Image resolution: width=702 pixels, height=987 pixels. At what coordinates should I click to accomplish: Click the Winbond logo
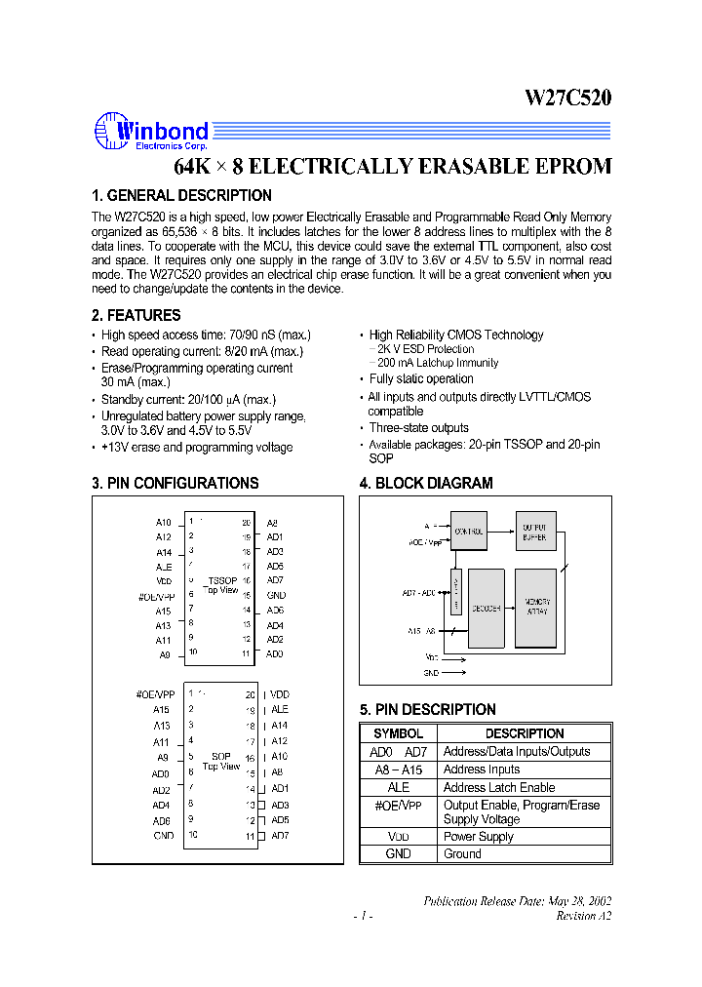point(151,132)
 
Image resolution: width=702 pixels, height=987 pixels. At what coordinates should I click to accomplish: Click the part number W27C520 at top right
point(568,98)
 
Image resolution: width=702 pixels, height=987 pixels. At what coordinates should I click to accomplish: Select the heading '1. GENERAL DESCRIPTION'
point(181,195)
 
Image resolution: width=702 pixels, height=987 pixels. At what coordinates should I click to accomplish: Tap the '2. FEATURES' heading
point(136,315)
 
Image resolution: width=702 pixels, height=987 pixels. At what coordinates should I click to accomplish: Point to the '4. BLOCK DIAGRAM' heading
point(426,483)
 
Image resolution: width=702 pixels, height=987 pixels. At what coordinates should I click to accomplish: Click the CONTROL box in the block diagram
point(468,532)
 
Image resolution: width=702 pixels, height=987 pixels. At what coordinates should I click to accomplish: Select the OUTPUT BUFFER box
point(534,533)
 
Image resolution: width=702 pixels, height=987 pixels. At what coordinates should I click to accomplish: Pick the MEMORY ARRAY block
point(535,607)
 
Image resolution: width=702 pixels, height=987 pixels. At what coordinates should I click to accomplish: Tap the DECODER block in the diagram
point(486,608)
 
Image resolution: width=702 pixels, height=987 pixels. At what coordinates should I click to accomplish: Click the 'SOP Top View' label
point(221,762)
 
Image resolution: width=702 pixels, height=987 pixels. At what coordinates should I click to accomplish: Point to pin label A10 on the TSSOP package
point(163,523)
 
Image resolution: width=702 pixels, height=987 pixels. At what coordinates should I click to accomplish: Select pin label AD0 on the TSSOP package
point(275,653)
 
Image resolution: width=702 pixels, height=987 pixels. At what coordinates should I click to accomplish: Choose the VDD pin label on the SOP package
point(280,694)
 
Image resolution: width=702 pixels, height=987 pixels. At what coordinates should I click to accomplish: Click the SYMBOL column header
point(398,733)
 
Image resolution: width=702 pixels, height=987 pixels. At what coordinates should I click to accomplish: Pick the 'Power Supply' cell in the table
point(478,836)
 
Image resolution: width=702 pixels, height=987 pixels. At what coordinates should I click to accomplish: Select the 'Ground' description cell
point(462,853)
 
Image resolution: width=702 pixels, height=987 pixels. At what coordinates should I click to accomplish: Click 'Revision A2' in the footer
point(583,916)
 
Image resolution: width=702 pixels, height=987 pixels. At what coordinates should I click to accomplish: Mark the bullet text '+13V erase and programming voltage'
point(196,448)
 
